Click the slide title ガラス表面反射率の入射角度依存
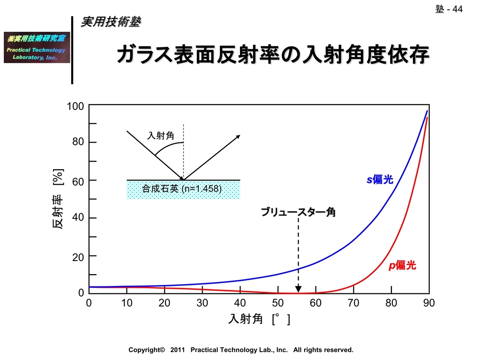point(272,55)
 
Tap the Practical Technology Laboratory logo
point(37,47)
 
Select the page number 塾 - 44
point(449,9)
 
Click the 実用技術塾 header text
point(111,22)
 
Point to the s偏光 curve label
point(380,180)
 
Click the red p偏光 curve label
point(402,266)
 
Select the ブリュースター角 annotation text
point(298,212)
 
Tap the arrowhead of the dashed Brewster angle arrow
point(298,289)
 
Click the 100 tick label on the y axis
point(75,106)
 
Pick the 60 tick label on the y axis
point(78,181)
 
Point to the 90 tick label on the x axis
point(429,303)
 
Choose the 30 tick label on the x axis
point(202,303)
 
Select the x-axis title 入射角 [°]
point(259,319)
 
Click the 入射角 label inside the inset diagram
point(161,136)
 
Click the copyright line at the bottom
point(241,350)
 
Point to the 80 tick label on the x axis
point(391,303)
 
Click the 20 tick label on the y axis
point(78,256)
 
